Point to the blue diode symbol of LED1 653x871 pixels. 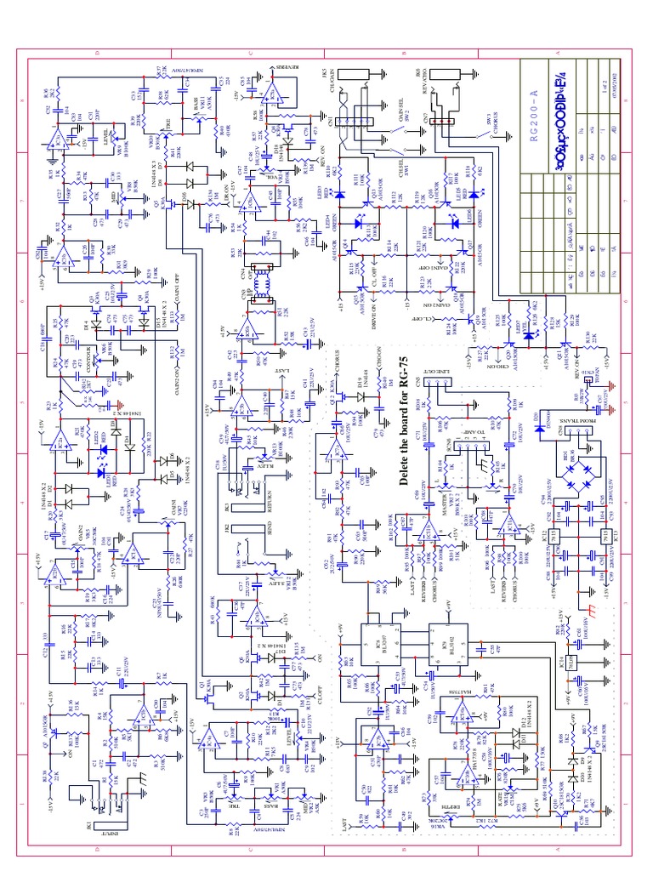point(103,473)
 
